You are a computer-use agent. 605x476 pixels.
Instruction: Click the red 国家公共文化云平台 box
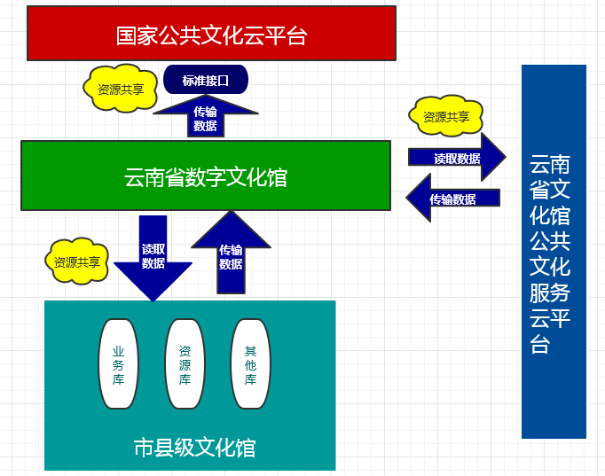(x=211, y=34)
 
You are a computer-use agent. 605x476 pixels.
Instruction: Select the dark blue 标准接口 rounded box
(x=205, y=80)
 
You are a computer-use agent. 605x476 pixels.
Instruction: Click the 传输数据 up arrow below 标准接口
(x=205, y=117)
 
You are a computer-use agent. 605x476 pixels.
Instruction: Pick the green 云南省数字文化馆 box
(x=205, y=176)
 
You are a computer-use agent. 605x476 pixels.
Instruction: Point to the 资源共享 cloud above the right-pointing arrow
(x=445, y=116)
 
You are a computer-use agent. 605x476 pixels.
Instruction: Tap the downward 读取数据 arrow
(x=153, y=257)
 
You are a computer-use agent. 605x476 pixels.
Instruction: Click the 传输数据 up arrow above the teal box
(x=231, y=256)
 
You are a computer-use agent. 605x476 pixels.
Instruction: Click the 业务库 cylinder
(x=118, y=363)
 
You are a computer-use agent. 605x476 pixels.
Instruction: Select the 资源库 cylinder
(x=185, y=363)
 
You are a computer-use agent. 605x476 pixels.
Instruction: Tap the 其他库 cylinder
(x=250, y=363)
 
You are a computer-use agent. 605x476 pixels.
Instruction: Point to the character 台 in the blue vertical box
(x=539, y=344)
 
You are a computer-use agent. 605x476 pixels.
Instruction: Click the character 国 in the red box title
(x=127, y=35)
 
